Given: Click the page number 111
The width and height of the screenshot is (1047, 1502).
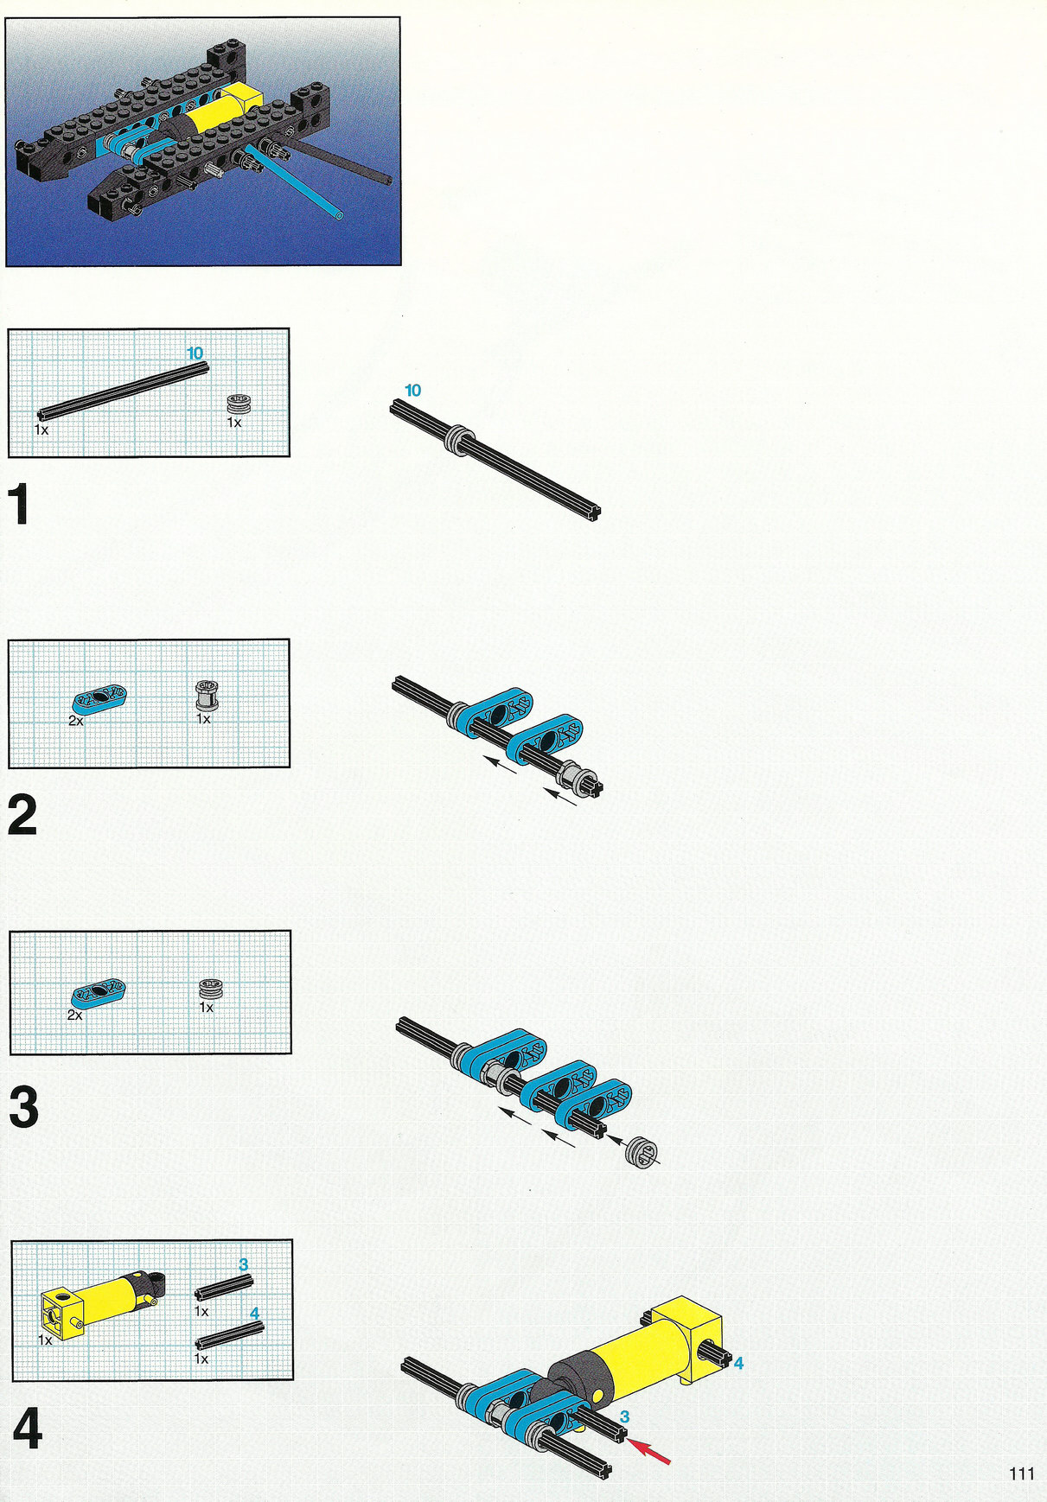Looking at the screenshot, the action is pyautogui.click(x=1021, y=1473).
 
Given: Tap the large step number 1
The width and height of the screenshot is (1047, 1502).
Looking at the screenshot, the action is pyautogui.click(x=20, y=504).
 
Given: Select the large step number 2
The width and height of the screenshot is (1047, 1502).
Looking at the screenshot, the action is pyautogui.click(x=22, y=816).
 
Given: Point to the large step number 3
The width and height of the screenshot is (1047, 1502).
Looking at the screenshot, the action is pyautogui.click(x=23, y=1108).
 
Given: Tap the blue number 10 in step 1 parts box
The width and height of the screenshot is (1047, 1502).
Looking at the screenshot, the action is pyautogui.click(x=195, y=353).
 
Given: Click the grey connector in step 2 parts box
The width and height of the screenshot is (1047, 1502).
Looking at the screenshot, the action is pyautogui.click(x=207, y=696).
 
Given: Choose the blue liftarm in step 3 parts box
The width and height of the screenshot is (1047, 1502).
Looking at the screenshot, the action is pyautogui.click(x=99, y=992).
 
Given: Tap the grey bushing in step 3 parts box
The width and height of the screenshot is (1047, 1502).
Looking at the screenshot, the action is pyautogui.click(x=211, y=988).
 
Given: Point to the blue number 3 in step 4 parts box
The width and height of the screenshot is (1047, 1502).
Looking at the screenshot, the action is pyautogui.click(x=243, y=1264).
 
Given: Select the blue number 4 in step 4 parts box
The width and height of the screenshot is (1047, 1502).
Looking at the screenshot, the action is pyautogui.click(x=254, y=1313).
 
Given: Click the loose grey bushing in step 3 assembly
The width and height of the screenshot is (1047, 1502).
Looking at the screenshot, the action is pyautogui.click(x=644, y=1154).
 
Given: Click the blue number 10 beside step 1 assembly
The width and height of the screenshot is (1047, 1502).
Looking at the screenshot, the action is pyautogui.click(x=413, y=391).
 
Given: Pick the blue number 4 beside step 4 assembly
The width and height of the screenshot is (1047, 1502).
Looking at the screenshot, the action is pyautogui.click(x=738, y=1363).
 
